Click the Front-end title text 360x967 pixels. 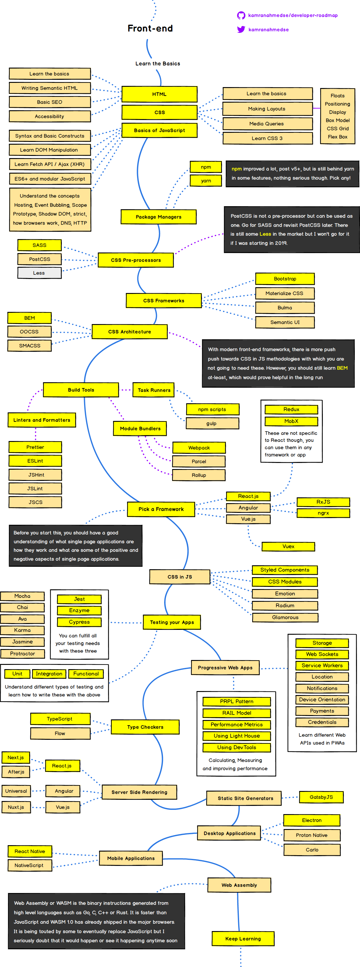[150, 29]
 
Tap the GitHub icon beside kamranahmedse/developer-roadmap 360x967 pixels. [241, 16]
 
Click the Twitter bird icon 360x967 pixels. [241, 30]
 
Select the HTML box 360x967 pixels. [159, 94]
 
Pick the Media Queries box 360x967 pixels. [267, 124]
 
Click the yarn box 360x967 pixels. [206, 181]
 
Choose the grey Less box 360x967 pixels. [39, 273]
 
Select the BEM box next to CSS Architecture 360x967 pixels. [30, 318]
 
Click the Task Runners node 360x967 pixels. [154, 390]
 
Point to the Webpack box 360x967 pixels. [199, 448]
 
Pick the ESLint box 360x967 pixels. [35, 461]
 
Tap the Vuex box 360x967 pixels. [288, 547]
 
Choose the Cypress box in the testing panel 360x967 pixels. [79, 622]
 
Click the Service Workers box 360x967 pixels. [322, 665]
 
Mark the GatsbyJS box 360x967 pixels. [321, 797]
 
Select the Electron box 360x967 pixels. [312, 820]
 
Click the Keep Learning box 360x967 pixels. [243, 938]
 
